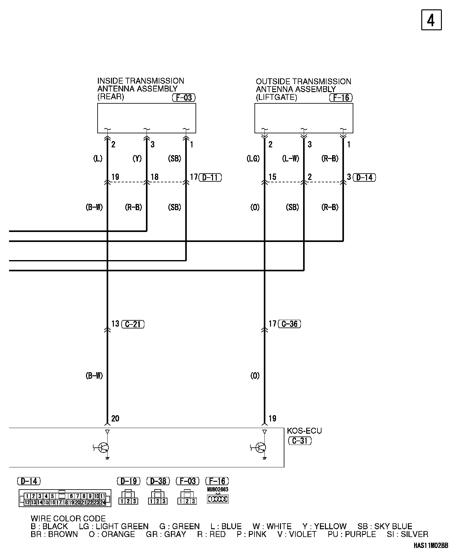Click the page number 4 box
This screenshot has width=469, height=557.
click(x=431, y=20)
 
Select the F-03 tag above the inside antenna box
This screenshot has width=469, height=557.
click(x=184, y=98)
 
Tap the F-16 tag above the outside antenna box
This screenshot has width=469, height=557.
click(x=341, y=98)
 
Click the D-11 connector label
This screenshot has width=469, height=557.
click(x=210, y=178)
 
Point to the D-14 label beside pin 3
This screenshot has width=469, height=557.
click(x=364, y=178)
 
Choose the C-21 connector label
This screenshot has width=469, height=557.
click(x=133, y=324)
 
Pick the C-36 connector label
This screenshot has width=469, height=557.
click(x=290, y=324)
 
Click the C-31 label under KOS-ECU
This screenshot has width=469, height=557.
click(x=300, y=441)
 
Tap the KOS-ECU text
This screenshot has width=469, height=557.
click(x=304, y=431)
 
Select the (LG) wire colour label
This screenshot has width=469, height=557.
click(x=253, y=159)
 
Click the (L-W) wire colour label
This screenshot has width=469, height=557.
click(x=291, y=159)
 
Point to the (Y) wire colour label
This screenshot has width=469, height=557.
click(x=137, y=159)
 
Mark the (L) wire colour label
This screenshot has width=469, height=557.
click(x=98, y=159)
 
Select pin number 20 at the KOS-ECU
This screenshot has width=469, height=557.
click(x=115, y=418)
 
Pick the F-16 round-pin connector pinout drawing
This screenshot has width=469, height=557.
click(x=218, y=499)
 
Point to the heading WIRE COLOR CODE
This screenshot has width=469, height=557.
click(x=68, y=519)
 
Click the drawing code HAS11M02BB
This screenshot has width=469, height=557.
click(x=431, y=545)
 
